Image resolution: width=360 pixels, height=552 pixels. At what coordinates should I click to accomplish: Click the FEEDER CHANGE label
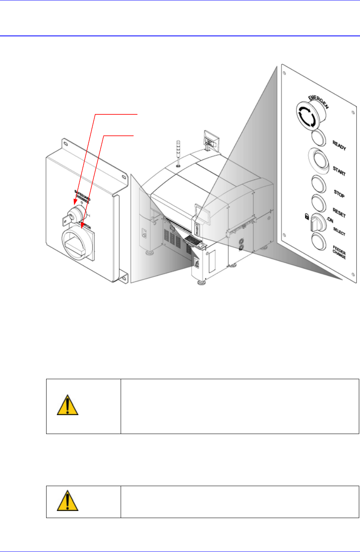(339, 254)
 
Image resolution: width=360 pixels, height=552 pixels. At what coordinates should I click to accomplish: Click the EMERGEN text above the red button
(321, 100)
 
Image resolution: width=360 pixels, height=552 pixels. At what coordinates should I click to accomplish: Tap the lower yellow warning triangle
(68, 501)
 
